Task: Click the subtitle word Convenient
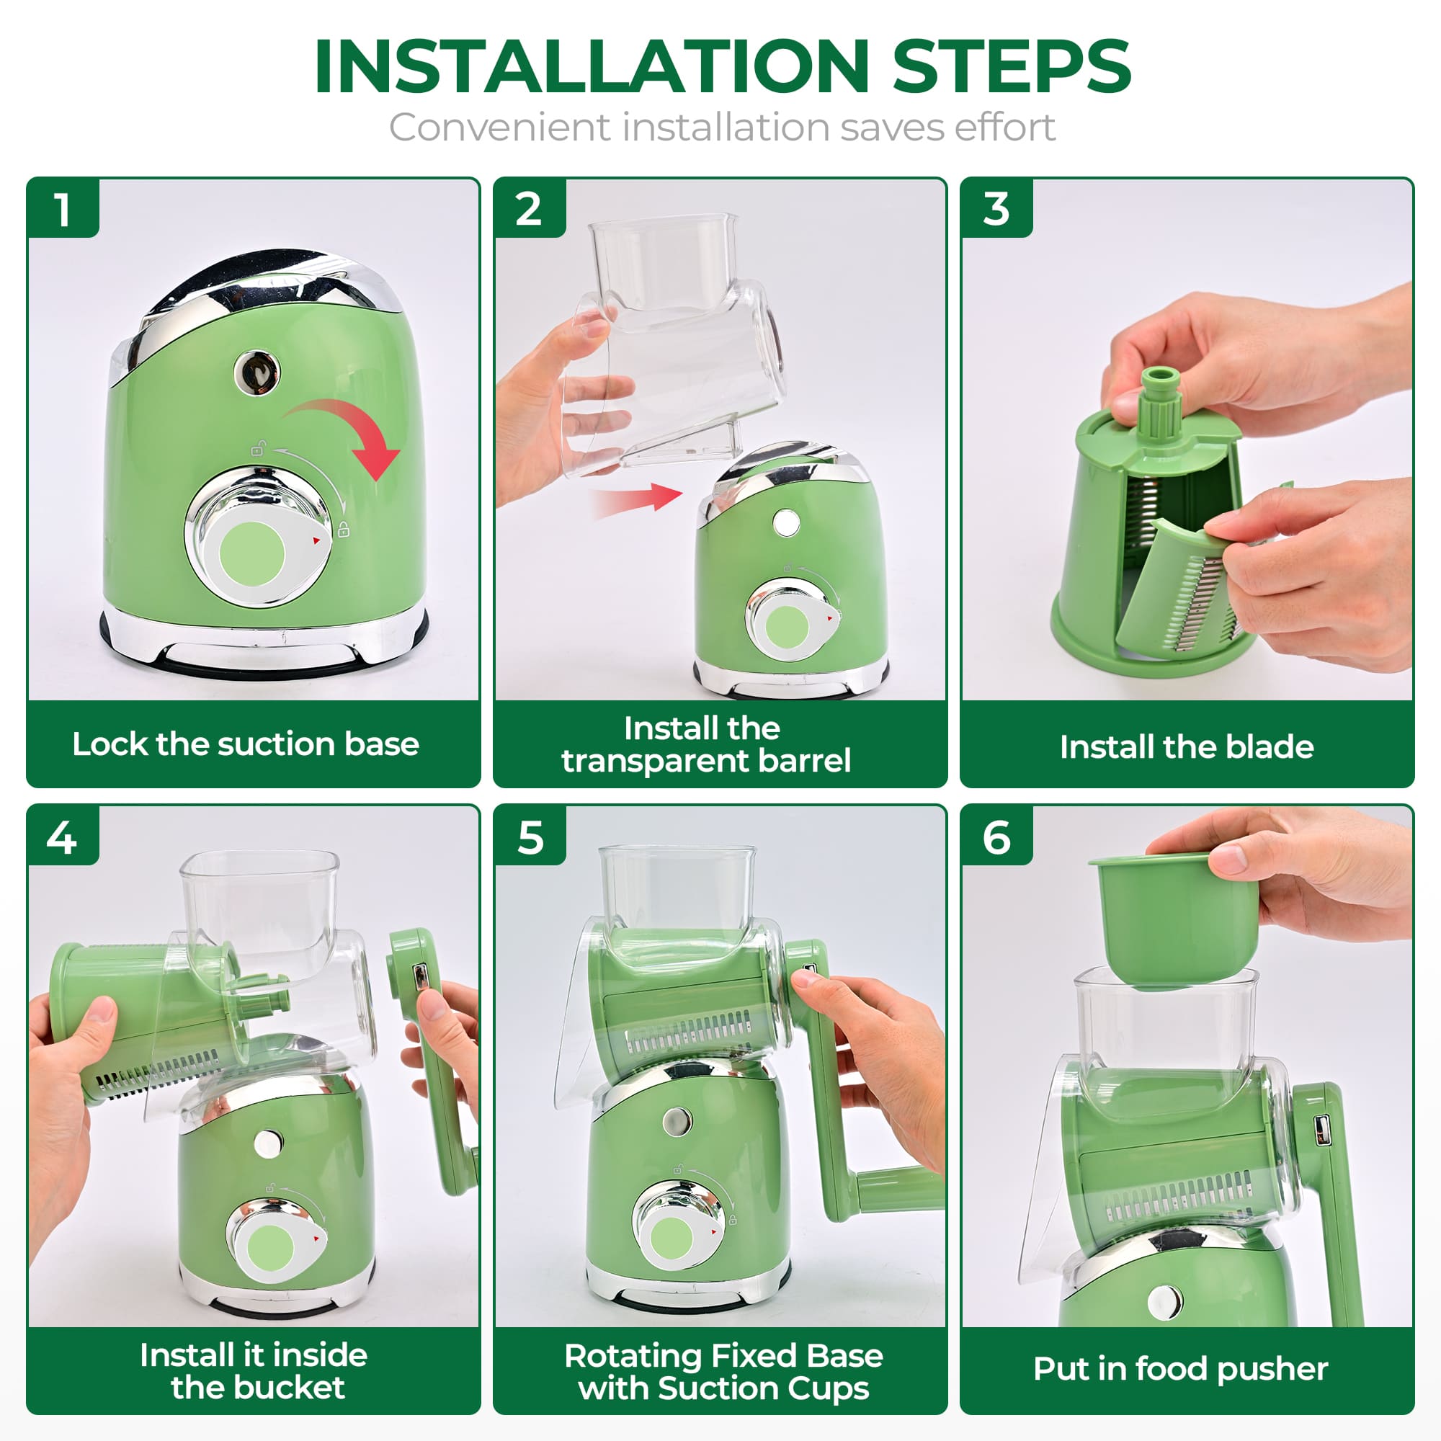[499, 127]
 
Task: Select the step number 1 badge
[63, 210]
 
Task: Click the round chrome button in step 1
[257, 370]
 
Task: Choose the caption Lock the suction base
[246, 744]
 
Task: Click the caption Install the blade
[1186, 746]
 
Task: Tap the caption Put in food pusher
[1180, 1369]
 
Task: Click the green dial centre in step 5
[672, 1238]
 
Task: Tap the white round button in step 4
[267, 1143]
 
